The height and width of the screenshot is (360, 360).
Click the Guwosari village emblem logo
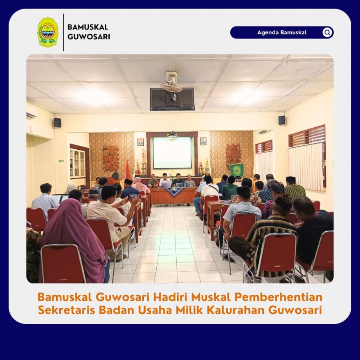48,32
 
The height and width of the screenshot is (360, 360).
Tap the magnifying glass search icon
327,32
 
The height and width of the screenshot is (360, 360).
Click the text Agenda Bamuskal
282,32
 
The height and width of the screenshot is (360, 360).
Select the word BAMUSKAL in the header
88,27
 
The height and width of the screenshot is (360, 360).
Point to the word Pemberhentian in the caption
278,297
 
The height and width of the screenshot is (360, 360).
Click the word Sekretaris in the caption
67,310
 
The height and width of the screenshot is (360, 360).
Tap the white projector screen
172,153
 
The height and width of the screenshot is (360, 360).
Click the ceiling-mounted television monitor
172,99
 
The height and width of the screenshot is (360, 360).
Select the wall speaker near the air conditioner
57,122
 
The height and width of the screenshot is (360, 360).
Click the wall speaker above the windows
282,120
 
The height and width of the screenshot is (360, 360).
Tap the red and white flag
127,169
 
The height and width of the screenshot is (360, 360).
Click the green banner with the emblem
236,170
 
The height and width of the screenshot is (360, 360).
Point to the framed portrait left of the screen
140,142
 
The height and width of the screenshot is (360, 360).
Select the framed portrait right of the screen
203,141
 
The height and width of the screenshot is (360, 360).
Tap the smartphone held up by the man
133,196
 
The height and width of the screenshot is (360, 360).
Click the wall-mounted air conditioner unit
31,115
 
